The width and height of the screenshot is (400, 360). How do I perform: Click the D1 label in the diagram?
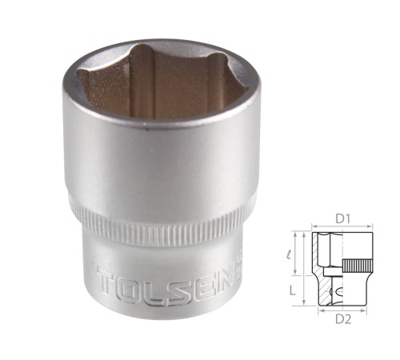click(342, 219)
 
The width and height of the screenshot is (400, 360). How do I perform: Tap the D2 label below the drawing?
click(343, 319)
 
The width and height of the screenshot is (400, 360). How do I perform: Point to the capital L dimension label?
click(293, 290)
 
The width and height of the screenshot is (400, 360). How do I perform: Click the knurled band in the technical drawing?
click(358, 266)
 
